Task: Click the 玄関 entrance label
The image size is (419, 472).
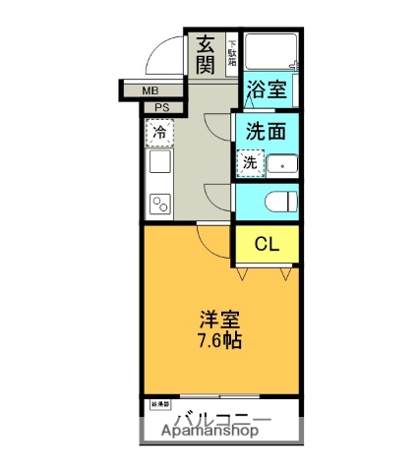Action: (206, 55)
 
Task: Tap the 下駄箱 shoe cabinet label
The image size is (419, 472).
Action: (231, 52)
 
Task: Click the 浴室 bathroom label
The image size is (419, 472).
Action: (266, 89)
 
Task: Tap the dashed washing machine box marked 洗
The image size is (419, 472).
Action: (250, 163)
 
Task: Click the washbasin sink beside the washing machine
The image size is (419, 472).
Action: (281, 164)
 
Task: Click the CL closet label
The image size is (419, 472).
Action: (267, 244)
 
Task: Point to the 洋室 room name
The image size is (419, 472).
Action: (218, 321)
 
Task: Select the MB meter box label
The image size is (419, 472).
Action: (150, 91)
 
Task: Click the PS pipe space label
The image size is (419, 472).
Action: (161, 107)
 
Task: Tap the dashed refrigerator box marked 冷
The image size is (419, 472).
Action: (158, 131)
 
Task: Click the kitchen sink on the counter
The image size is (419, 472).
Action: (159, 166)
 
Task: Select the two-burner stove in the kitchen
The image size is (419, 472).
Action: (159, 204)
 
